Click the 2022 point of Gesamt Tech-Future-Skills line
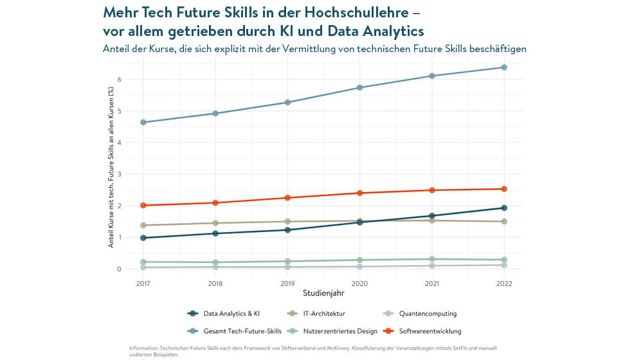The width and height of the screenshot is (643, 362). tap(504, 68)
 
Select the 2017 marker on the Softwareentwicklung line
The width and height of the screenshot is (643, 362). tap(143, 206)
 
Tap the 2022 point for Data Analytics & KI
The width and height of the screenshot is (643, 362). tap(504, 208)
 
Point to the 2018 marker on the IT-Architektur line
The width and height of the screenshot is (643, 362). tap(215, 223)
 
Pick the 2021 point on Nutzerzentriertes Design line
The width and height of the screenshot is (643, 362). tap(432, 259)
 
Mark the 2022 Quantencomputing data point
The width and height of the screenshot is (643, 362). tap(504, 265)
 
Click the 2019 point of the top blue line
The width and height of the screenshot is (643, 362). tap(287, 102)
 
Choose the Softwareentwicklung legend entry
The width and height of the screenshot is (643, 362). tap(430, 331)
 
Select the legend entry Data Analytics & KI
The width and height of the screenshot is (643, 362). tap(231, 314)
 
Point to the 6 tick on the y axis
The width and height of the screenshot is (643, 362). tap(120, 80)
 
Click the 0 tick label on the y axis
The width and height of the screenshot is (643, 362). tap(120, 269)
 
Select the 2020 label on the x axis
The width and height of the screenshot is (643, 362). tap(360, 284)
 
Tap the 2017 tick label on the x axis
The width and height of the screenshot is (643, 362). tap(143, 284)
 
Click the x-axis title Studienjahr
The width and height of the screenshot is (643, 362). tap(323, 293)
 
